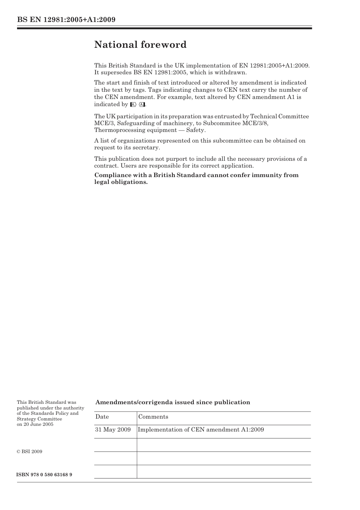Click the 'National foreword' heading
[140, 45]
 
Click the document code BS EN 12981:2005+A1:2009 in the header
[66, 20]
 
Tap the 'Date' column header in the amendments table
[102, 417]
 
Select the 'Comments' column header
[153, 417]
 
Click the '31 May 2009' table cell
[113, 430]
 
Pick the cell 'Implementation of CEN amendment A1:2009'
[201, 430]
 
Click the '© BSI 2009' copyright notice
[30, 452]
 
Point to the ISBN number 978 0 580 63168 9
[44, 475]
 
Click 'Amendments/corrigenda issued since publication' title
[172, 402]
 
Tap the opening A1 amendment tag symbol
[133, 105]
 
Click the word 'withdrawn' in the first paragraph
[231, 72]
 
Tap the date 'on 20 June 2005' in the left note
[35, 424]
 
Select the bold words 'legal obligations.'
[121, 182]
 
